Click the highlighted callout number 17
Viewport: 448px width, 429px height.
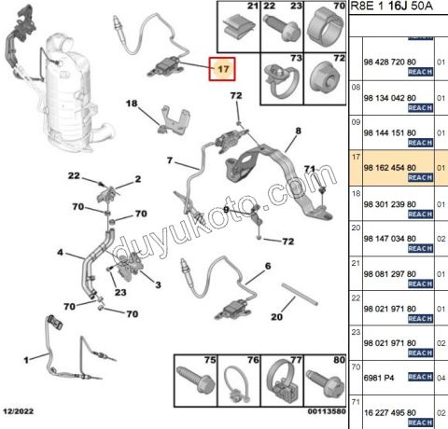[x=223, y=69]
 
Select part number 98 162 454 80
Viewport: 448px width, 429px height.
[x=390, y=168]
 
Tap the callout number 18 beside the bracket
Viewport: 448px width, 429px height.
[x=132, y=104]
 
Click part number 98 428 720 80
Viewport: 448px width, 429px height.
[x=390, y=62]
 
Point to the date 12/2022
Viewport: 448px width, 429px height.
[x=19, y=411]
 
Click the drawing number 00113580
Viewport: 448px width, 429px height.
[x=327, y=411]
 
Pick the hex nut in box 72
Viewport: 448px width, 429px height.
[x=325, y=77]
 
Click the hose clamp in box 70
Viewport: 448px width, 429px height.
[x=326, y=27]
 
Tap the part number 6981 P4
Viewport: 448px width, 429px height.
[x=379, y=378]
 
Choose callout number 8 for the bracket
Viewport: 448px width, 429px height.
[x=299, y=131]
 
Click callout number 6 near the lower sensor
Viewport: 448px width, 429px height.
[x=268, y=266]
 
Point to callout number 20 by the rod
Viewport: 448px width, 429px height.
[x=276, y=317]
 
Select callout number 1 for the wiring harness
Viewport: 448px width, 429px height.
[x=26, y=360]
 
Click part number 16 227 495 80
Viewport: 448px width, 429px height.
[x=390, y=413]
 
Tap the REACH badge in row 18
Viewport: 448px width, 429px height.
[x=420, y=214]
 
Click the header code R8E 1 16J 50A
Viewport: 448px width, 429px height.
[x=391, y=7]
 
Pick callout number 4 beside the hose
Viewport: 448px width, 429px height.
[x=60, y=253]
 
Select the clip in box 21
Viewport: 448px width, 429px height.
[x=239, y=27]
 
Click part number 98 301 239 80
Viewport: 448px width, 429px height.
[x=390, y=204]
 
